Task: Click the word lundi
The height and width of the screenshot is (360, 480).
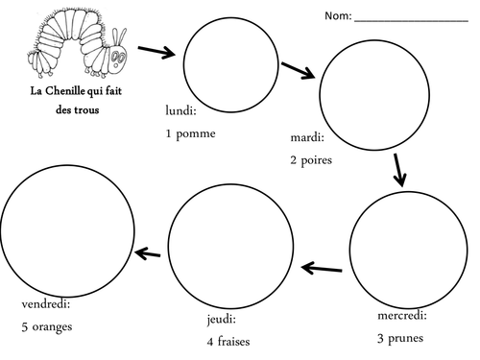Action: click(180, 110)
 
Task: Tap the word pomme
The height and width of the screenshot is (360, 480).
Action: click(196, 133)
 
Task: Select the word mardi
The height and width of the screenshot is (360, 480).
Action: click(305, 137)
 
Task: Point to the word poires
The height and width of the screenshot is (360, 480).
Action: click(316, 160)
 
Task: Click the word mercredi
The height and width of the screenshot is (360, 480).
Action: click(400, 316)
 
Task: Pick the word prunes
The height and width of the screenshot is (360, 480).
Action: click(405, 339)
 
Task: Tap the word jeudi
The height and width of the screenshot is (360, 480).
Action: click(220, 320)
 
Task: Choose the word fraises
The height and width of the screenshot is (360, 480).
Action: click(233, 342)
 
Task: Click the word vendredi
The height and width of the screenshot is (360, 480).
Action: click(44, 303)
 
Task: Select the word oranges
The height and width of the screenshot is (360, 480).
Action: click(52, 327)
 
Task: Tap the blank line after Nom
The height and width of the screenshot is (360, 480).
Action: click(411, 21)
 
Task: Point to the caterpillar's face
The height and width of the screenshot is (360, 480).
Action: click(118, 59)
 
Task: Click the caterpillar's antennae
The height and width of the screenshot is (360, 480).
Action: click(119, 37)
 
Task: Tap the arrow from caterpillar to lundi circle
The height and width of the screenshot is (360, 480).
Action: click(156, 52)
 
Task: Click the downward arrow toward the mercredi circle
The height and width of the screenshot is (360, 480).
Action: click(399, 170)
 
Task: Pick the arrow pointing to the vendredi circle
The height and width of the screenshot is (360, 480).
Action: click(148, 253)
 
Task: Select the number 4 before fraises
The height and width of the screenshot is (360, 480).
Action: click(210, 342)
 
